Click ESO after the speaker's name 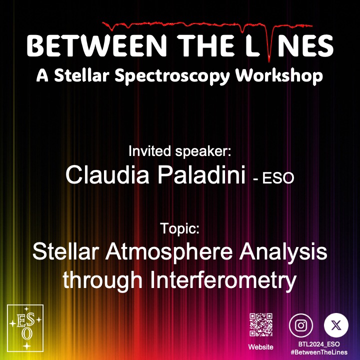tap(277, 177)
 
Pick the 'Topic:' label tap(180, 229)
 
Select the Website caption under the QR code tap(261, 346)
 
